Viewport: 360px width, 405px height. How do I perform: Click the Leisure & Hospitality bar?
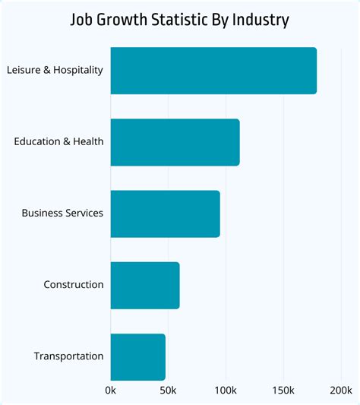click(x=213, y=71)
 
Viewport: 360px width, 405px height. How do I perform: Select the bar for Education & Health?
click(x=175, y=142)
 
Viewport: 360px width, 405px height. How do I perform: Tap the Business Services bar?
click(x=165, y=214)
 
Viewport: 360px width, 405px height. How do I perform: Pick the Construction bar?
click(x=145, y=285)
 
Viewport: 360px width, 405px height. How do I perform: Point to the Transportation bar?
click(x=137, y=356)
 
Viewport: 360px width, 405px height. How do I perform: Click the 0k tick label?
click(x=111, y=391)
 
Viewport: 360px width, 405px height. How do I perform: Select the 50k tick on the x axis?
click(x=168, y=391)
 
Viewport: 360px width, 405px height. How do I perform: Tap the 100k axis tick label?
click(x=226, y=391)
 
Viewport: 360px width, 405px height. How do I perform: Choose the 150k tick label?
click(x=283, y=391)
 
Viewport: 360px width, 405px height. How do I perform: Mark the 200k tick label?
click(x=340, y=391)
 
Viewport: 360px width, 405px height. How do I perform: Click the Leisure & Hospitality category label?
click(x=55, y=71)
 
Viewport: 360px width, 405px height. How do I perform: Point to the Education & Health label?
click(x=58, y=142)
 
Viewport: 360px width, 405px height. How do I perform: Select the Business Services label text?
click(x=62, y=214)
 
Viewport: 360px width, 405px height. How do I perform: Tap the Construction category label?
click(x=74, y=285)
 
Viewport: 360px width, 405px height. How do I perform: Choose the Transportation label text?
click(x=69, y=356)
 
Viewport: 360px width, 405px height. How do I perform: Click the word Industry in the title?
click(x=261, y=20)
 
